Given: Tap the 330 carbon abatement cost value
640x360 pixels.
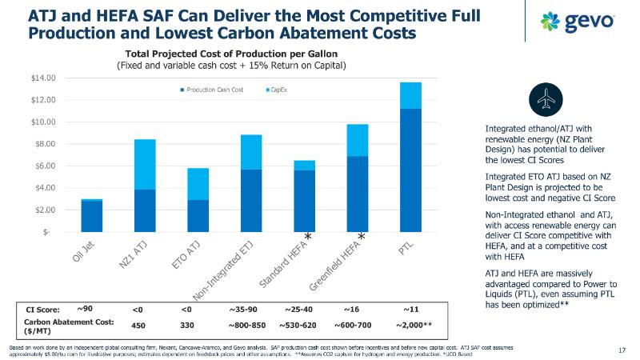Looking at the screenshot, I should tap(187, 326).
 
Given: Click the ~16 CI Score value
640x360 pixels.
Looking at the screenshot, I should tap(353, 310).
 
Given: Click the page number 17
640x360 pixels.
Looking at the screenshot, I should tap(623, 350).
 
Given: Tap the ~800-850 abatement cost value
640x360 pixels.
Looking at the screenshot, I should tap(246, 326).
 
